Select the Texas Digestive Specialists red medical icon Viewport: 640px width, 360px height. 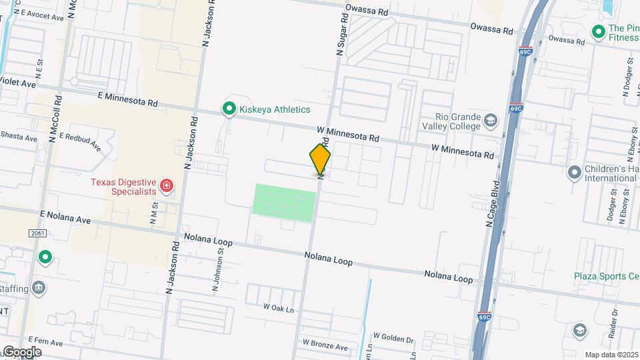[166, 185]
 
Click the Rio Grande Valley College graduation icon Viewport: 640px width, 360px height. [491, 121]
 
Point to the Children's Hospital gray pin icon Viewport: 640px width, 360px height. [573, 173]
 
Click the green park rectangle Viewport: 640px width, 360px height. [283, 201]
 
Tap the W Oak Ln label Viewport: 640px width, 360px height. [278, 308]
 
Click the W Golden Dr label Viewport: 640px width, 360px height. [393, 338]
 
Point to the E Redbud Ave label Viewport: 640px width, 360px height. [79, 141]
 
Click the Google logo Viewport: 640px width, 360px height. [23, 351]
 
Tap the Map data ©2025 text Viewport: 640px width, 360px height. [611, 355]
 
